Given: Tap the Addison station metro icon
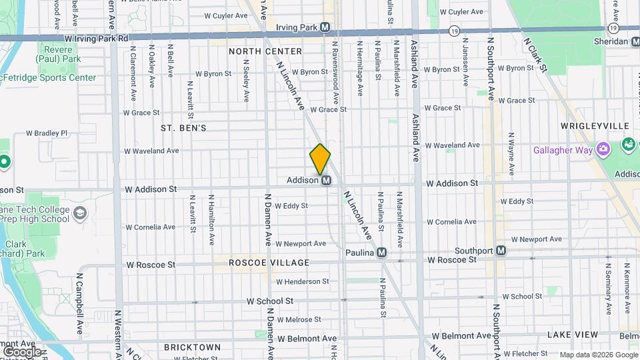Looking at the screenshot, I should click(x=327, y=180).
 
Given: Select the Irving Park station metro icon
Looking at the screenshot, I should click(x=325, y=27).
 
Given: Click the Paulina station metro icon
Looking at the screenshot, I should click(x=381, y=253).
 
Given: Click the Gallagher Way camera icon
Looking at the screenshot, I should click(x=603, y=149).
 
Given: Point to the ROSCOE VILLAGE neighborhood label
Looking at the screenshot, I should click(x=269, y=263).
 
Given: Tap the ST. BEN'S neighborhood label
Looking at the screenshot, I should click(x=183, y=127).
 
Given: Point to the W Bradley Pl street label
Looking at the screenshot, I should click(x=47, y=133).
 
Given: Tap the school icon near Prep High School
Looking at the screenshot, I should click(x=81, y=213).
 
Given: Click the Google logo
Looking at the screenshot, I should click(x=22, y=351).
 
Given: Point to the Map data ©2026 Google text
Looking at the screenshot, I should click(x=598, y=355).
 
